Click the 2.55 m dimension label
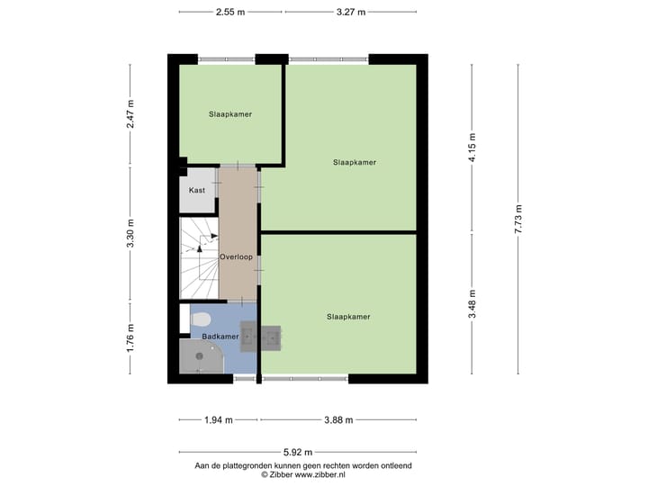coord(231,12)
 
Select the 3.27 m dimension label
coord(351,12)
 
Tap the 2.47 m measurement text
coord(130,115)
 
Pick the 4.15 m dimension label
coord(472,146)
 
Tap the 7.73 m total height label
coord(518,219)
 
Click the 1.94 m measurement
coord(218,419)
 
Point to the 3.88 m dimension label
coord(338,419)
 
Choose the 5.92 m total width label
coord(298,452)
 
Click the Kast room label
coord(197,190)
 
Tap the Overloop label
coord(236,256)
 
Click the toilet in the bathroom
coord(201,318)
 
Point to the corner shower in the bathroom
coord(200,357)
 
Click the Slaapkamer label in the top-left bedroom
coord(229,114)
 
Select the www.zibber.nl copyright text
coord(303,473)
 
